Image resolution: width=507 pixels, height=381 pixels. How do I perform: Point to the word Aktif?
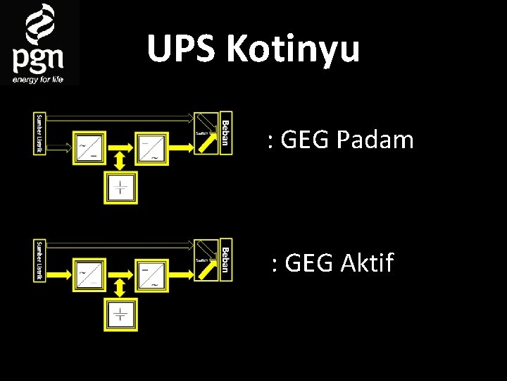[367, 264]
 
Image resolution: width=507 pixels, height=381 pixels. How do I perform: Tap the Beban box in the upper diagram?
[225, 132]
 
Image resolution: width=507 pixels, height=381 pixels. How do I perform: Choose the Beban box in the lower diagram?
[225, 259]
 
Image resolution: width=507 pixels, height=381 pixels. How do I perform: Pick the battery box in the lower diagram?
[121, 315]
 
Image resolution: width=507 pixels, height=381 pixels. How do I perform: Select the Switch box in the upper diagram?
[206, 133]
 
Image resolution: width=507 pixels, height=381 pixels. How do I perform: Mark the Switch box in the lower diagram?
[206, 260]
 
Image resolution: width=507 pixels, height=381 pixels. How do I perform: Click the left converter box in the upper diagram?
[88, 148]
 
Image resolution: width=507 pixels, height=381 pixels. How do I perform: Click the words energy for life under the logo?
[38, 79]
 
